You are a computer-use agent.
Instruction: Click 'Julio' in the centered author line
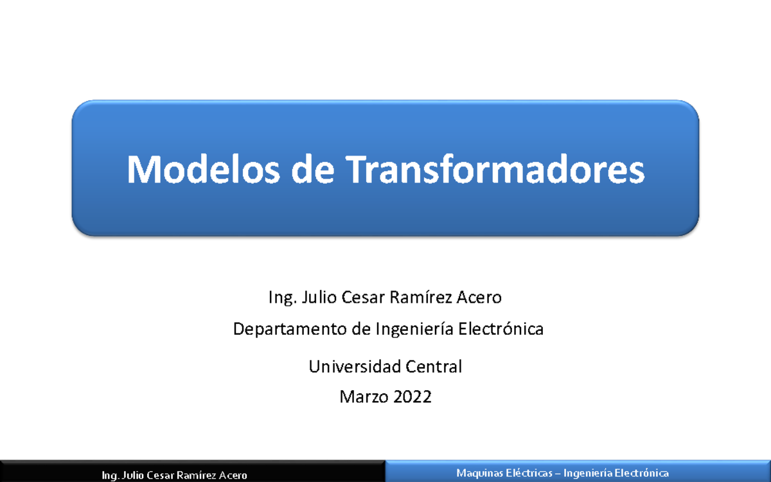click(319, 298)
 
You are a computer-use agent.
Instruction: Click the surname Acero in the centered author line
click(479, 298)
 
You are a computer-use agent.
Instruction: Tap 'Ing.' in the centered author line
click(281, 299)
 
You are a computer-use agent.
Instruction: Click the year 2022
click(412, 397)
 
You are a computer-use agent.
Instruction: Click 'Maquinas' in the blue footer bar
click(475, 473)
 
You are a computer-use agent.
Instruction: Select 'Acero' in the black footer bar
click(233, 476)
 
